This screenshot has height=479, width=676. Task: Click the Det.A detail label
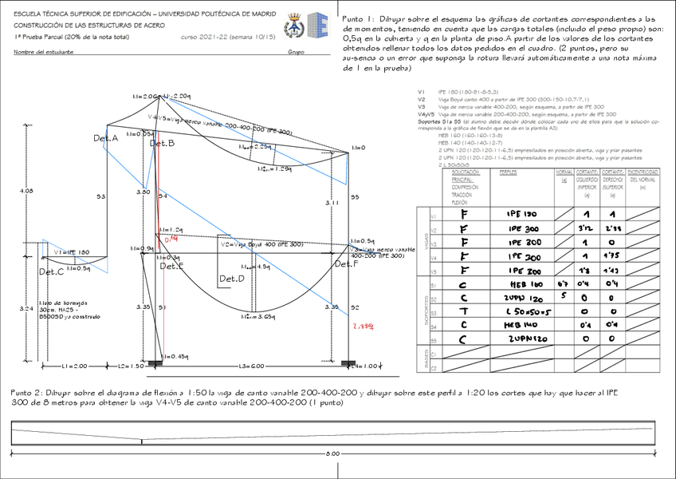click(105, 139)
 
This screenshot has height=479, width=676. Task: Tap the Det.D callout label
click(232, 279)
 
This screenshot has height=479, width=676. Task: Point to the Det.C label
click(51, 272)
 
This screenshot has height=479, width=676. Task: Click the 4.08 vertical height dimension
click(26, 191)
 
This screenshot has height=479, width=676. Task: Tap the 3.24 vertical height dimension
click(26, 307)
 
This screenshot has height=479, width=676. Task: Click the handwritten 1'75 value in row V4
click(613, 258)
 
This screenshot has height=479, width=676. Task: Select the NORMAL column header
click(564, 172)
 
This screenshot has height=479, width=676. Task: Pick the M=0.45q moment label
click(176, 356)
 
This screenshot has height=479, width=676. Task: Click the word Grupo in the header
click(296, 53)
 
